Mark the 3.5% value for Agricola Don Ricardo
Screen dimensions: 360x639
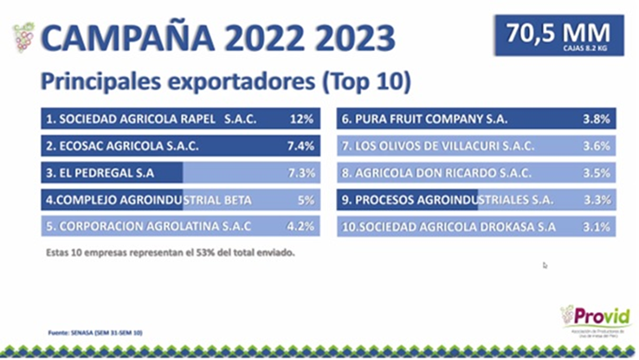pos(597,173)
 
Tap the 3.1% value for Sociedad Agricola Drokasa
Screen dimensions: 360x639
pos(597,228)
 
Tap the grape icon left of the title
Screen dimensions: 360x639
pos(23,38)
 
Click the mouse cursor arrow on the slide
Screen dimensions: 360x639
pos(545,266)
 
